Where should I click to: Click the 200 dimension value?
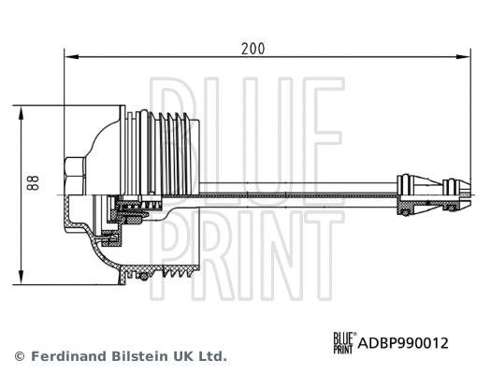[x=252, y=49]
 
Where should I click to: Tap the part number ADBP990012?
[x=404, y=343]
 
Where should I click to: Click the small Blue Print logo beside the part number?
[x=344, y=342]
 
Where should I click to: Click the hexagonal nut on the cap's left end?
[x=74, y=173]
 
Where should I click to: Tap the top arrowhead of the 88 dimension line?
[x=20, y=110]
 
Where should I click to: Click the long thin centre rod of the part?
[x=299, y=190]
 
